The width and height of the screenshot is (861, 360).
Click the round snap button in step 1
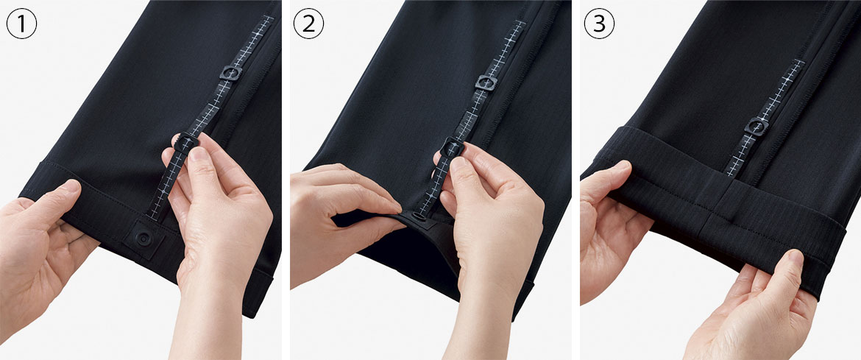pos(143,239)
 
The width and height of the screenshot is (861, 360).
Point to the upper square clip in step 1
pos(231,73)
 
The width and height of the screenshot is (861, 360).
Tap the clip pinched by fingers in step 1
pos(185,142)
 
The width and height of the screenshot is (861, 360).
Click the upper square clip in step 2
pos(486,82)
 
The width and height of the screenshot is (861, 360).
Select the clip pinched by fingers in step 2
pos(453,147)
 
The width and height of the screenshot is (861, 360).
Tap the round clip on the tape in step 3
pos(757,127)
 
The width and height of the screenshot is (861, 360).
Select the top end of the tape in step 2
pos(519,23)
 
